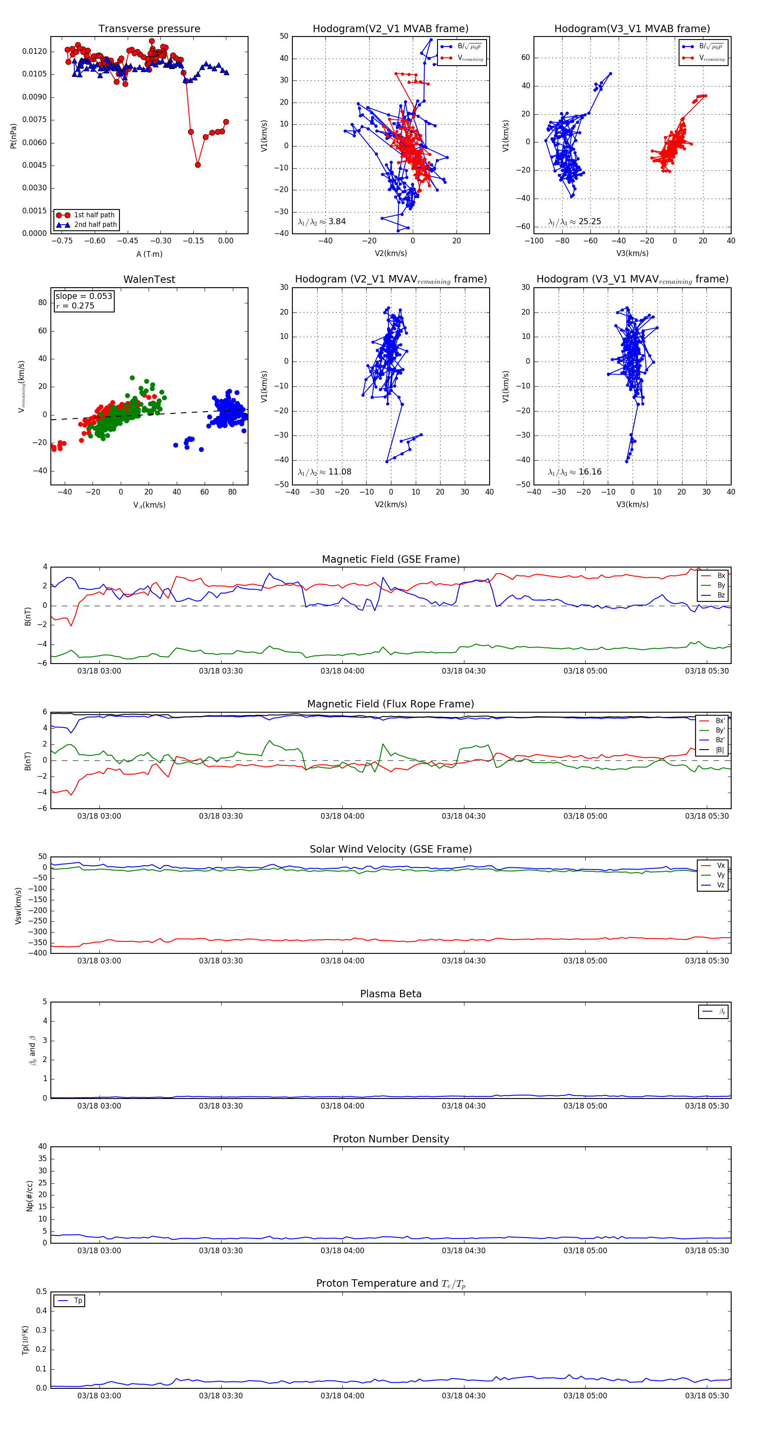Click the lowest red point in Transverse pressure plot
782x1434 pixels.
pyautogui.click(x=198, y=165)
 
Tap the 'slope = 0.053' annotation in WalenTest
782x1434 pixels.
pyautogui.click(x=83, y=296)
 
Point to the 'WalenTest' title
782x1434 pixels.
pyautogui.click(x=149, y=279)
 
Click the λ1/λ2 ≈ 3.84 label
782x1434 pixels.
pyautogui.click(x=321, y=222)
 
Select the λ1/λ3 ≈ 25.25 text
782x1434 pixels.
pyautogui.click(x=574, y=222)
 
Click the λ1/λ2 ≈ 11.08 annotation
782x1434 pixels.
pyautogui.click(x=325, y=472)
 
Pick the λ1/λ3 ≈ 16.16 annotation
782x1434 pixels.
pyautogui.click(x=574, y=472)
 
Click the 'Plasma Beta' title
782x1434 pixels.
pyautogui.click(x=391, y=994)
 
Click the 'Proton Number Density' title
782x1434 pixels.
pyautogui.click(x=391, y=1139)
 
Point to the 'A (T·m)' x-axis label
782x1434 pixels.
pyautogui.click(x=149, y=254)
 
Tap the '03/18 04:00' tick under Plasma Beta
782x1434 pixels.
pyautogui.click(x=342, y=1106)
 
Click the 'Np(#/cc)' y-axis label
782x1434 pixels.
pyautogui.click(x=30, y=1196)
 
